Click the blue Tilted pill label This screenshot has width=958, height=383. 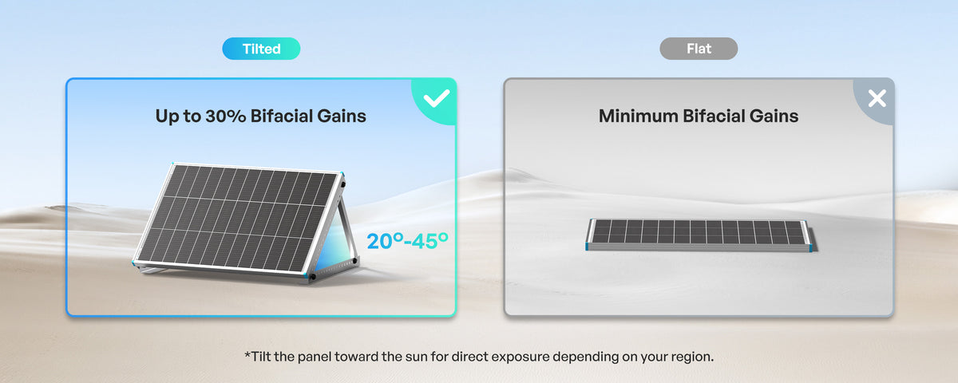pyautogui.click(x=261, y=49)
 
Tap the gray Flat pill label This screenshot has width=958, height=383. pyautogui.click(x=699, y=49)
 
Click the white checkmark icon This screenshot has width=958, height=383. pyautogui.click(x=436, y=98)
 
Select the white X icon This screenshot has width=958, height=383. pyautogui.click(x=877, y=98)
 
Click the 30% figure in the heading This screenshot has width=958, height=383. pyautogui.click(x=225, y=116)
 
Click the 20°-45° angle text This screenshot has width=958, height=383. pyautogui.click(x=408, y=241)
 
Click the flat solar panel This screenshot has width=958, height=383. pyautogui.click(x=699, y=235)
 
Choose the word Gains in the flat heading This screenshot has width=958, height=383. pyautogui.click(x=774, y=116)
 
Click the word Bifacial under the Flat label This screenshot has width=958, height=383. pyautogui.click(x=713, y=116)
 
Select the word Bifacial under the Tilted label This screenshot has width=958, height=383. pyautogui.click(x=281, y=116)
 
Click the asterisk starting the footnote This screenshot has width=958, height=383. pyautogui.click(x=247, y=354)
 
